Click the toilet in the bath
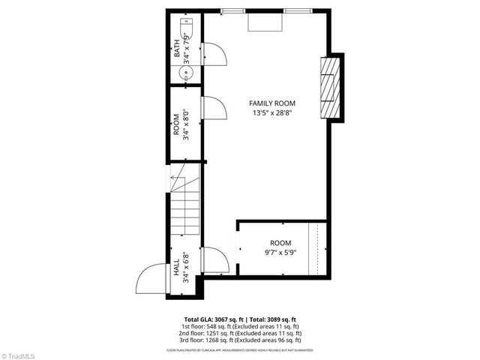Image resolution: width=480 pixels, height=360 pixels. [x=188, y=30]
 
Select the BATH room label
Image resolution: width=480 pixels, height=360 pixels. [x=177, y=48]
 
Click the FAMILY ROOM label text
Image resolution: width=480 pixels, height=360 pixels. [x=272, y=103]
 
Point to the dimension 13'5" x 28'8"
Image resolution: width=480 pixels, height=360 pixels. [x=272, y=113]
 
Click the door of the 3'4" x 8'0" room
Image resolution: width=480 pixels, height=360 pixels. [x=213, y=107]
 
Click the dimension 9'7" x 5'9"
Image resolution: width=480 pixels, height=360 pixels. [x=280, y=253]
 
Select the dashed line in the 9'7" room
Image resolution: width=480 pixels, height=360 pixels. [x=319, y=247]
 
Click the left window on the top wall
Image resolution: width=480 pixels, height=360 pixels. [x=233, y=10]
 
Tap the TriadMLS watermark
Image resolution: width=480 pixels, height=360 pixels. [x=19, y=354]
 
